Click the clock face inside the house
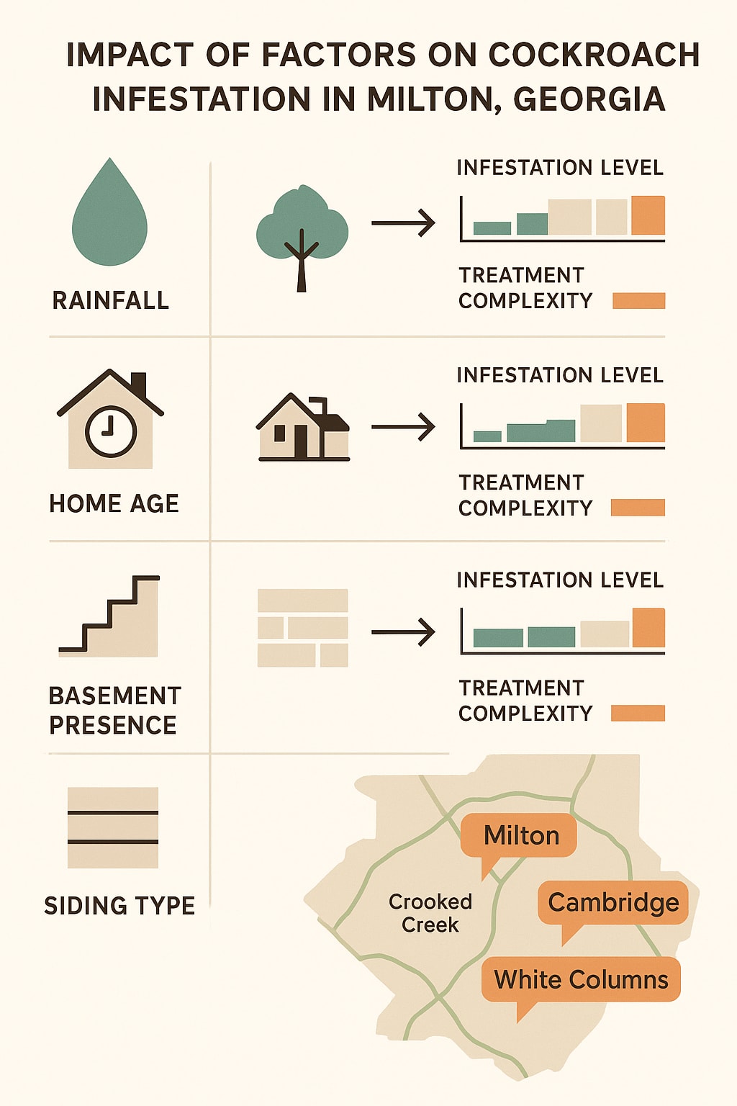click(x=110, y=432)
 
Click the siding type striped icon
click(x=112, y=827)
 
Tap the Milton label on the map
click(x=520, y=835)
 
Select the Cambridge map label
click(x=613, y=902)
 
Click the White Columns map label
click(x=581, y=979)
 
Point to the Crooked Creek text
click(x=430, y=913)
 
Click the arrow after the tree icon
click(x=403, y=223)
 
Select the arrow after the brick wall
click(x=403, y=632)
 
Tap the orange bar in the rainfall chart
click(x=648, y=215)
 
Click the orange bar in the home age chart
click(x=646, y=423)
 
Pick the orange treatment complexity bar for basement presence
click(x=638, y=714)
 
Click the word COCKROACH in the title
click(x=594, y=55)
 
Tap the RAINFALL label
click(x=111, y=300)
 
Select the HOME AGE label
click(x=114, y=503)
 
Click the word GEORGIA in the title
click(x=589, y=99)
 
